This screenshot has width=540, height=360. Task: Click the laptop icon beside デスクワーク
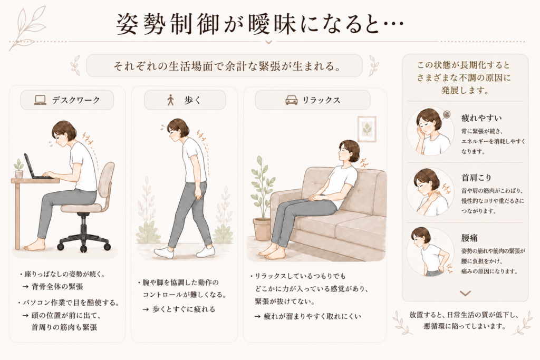[40, 100]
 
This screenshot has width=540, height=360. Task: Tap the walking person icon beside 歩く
[170, 100]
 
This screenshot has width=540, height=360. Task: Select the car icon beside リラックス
[291, 100]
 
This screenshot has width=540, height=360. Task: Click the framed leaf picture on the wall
[367, 129]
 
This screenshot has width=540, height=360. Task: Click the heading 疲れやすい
[481, 118]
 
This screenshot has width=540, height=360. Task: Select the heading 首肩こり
[476, 178]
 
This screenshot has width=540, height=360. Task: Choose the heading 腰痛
[469, 238]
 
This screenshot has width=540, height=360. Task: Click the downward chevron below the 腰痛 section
[465, 293]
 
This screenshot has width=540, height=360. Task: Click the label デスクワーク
[76, 100]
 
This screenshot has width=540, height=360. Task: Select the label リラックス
[321, 100]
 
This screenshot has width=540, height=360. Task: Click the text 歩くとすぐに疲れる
[184, 309]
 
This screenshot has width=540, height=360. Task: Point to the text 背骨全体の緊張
[57, 286]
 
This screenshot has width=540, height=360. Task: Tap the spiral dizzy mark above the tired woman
[447, 114]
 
